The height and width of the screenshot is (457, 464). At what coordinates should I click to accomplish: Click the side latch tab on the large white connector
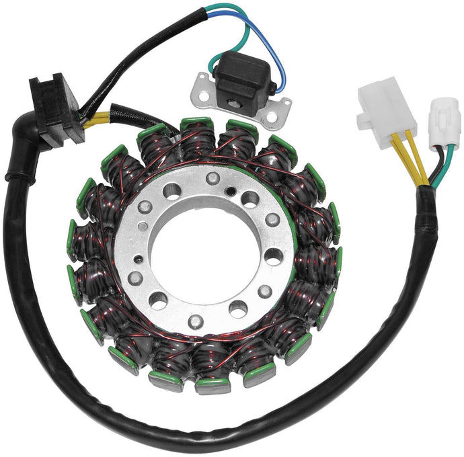pyautogui.click(x=364, y=120)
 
